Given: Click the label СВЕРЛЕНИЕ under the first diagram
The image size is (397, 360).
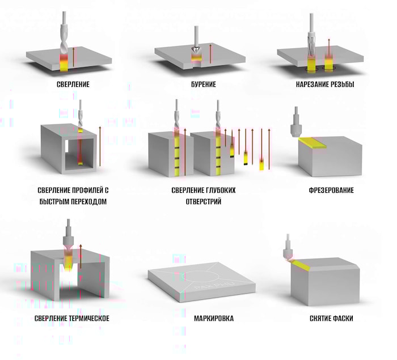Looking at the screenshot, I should (x=73, y=84).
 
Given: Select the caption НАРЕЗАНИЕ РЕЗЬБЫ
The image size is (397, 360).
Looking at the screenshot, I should (x=320, y=84).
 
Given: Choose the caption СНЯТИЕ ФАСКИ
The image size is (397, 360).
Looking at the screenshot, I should (x=331, y=319).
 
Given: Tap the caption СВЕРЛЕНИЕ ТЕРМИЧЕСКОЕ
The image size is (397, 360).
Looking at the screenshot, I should (x=71, y=319).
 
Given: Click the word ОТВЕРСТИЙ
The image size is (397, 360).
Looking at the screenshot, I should (x=196, y=201).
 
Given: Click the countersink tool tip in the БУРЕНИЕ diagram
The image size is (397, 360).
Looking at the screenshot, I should (x=196, y=55).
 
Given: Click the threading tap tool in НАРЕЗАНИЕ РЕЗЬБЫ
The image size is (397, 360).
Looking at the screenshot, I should (x=312, y=40).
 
